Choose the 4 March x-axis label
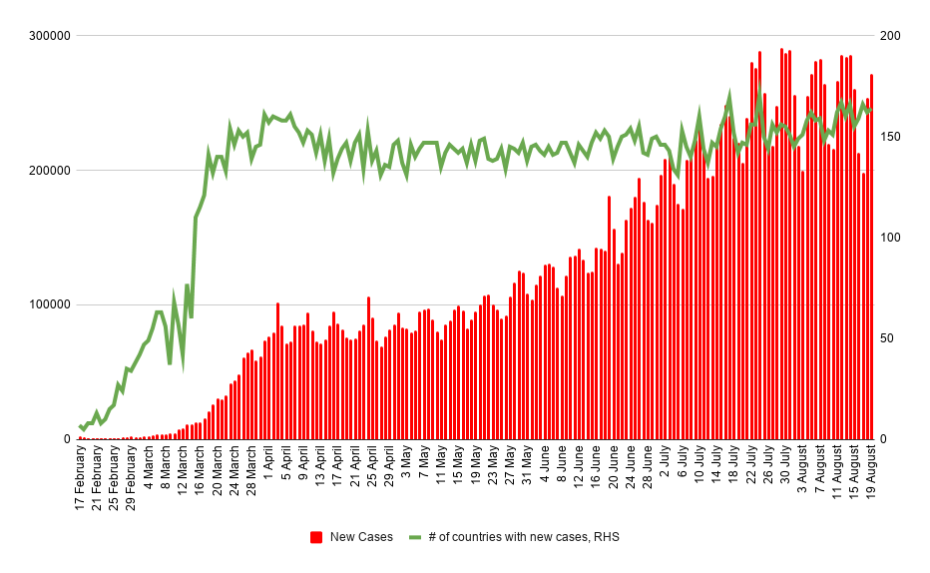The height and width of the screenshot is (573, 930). point(149,469)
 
